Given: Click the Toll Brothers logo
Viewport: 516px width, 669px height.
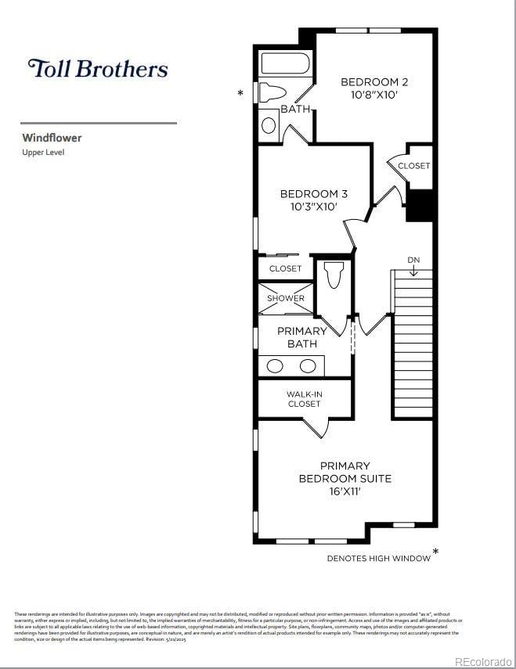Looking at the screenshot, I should [98, 69].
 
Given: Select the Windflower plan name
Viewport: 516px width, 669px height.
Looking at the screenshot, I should [52, 138].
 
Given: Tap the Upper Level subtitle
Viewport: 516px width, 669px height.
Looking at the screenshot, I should [43, 153].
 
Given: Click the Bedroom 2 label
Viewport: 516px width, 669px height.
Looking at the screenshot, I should [374, 81].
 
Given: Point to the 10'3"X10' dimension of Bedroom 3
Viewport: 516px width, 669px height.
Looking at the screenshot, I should [313, 207].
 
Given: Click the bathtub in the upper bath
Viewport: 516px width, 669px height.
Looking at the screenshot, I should [286, 63].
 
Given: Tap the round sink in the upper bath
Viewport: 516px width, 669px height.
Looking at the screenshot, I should [269, 125].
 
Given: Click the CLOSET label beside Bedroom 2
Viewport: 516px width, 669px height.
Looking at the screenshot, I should [413, 166].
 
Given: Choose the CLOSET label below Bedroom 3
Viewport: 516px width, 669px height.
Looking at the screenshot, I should [285, 268].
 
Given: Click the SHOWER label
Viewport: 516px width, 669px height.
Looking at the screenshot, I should [286, 298].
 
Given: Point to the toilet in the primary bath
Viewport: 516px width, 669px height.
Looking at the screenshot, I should [332, 275].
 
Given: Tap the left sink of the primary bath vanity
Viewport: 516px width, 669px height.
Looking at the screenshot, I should [275, 365].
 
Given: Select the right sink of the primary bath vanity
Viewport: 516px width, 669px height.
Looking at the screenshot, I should [308, 365].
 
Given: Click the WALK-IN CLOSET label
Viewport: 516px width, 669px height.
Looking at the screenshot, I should [304, 399].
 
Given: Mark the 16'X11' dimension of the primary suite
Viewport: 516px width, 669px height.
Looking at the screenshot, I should [345, 492].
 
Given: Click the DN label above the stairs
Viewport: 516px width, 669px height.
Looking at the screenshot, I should [413, 260].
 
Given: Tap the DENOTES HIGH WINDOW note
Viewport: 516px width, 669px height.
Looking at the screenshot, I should [378, 558].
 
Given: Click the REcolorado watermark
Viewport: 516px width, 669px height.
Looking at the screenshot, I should [482, 661].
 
